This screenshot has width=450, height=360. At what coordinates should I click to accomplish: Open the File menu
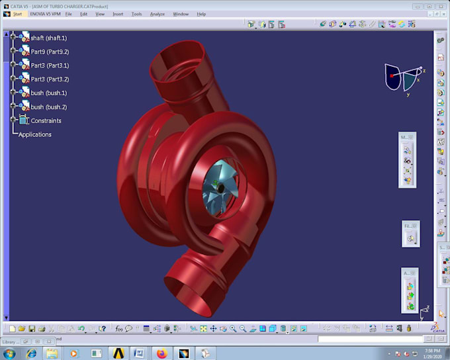(x=68, y=13)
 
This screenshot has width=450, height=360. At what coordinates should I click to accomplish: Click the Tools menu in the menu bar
(x=136, y=13)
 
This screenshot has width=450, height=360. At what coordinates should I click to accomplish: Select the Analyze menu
(x=157, y=13)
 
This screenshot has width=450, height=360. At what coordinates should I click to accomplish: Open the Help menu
(x=201, y=13)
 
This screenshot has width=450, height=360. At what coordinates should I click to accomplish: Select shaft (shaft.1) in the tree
(x=48, y=38)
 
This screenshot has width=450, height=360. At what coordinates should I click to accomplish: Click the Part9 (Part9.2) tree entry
(x=50, y=52)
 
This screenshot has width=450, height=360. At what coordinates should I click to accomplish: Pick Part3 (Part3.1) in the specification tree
(x=50, y=66)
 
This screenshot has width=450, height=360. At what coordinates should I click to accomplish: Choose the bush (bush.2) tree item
(x=48, y=107)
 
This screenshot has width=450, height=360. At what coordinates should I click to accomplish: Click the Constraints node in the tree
(x=46, y=120)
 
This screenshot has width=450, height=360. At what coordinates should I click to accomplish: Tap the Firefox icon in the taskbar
(x=161, y=353)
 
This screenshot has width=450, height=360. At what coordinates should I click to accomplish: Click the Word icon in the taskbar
(x=139, y=353)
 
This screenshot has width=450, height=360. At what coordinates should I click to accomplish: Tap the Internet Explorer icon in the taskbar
(x=31, y=353)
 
